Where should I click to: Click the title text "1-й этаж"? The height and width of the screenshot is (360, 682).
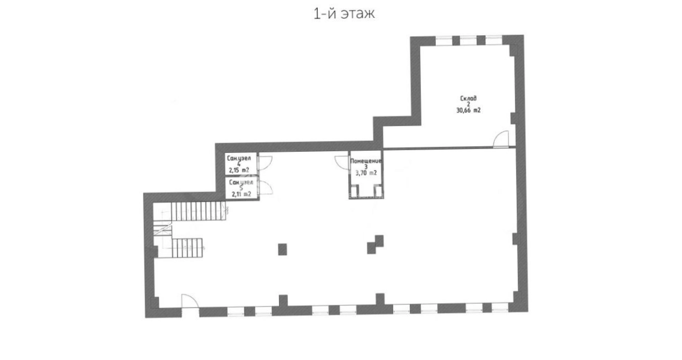(x=344, y=14)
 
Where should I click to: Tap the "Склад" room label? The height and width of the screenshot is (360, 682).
(x=468, y=98)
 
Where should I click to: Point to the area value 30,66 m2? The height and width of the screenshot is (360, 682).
(x=468, y=111)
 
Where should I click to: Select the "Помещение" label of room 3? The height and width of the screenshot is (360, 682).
(x=366, y=161)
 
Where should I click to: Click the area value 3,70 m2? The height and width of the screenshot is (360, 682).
(x=366, y=172)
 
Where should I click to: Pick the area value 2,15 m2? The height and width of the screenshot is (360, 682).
(x=239, y=170)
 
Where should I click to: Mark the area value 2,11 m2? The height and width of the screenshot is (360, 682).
(x=242, y=194)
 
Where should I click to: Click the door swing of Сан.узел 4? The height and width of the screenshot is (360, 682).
(x=265, y=163)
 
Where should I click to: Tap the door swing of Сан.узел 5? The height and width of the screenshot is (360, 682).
(x=266, y=188)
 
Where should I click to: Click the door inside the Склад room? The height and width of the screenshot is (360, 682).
(x=501, y=139)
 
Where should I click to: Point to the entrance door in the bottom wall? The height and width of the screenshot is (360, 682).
(x=190, y=301)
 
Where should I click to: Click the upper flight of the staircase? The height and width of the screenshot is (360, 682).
(x=199, y=212)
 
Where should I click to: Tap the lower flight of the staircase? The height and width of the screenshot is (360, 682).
(x=188, y=248)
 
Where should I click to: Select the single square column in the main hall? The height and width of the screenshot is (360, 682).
(x=282, y=249)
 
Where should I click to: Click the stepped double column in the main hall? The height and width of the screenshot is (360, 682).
(x=375, y=244)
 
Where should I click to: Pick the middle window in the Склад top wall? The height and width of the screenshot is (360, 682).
(x=468, y=40)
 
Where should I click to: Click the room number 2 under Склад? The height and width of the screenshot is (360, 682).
(x=468, y=104)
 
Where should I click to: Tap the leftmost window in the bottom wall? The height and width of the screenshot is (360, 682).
(x=236, y=311)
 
